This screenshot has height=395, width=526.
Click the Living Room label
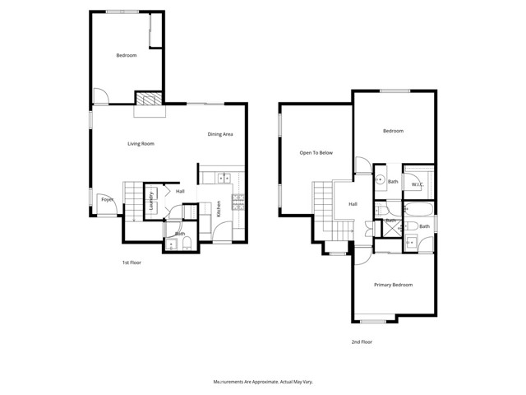(141, 144)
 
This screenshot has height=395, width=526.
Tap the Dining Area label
(221, 134)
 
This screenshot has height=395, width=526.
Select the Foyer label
(107, 199)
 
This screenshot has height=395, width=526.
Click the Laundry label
(151, 202)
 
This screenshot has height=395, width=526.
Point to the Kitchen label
(219, 209)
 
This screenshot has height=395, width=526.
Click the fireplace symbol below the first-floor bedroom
(149, 99)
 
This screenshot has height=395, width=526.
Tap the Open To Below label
(316, 153)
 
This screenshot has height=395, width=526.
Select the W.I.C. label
(418, 185)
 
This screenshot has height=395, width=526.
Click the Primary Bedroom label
(393, 285)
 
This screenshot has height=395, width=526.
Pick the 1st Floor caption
(132, 263)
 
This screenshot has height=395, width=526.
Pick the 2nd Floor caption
(361, 342)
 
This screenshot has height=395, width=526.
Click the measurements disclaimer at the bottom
(263, 382)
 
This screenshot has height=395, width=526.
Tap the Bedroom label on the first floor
(126, 55)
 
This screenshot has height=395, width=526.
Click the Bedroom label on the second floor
(393, 131)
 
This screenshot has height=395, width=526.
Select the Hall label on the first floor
(179, 193)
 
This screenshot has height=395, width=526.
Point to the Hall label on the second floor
(353, 204)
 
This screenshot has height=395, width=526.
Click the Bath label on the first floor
(179, 234)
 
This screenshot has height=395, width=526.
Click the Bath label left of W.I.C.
(393, 182)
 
